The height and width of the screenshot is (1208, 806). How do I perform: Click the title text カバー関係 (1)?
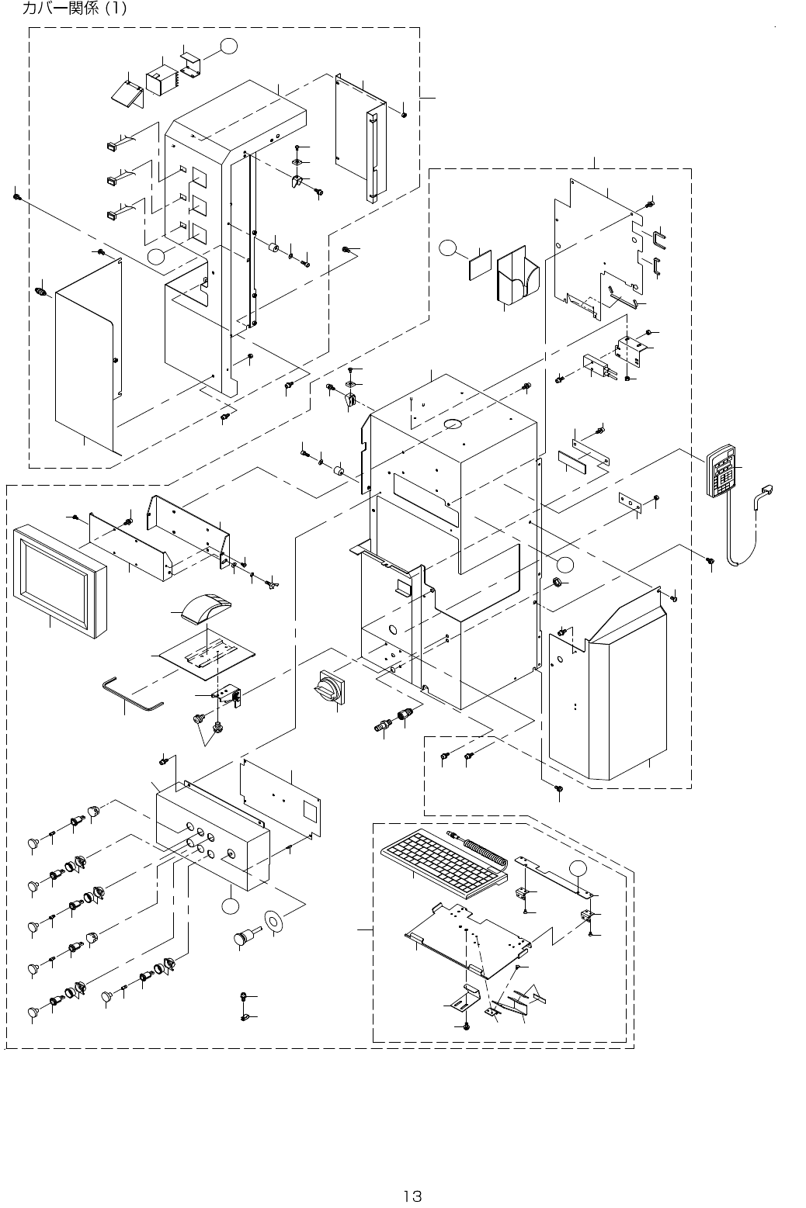point(75,9)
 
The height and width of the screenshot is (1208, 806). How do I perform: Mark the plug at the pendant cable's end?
point(767,490)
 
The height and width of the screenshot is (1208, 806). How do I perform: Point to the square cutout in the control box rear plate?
point(308,812)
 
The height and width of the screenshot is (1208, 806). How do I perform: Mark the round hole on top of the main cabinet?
point(452,424)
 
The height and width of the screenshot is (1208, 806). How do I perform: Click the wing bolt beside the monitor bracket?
point(273,583)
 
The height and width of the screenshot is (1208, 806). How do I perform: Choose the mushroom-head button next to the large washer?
point(245,936)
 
